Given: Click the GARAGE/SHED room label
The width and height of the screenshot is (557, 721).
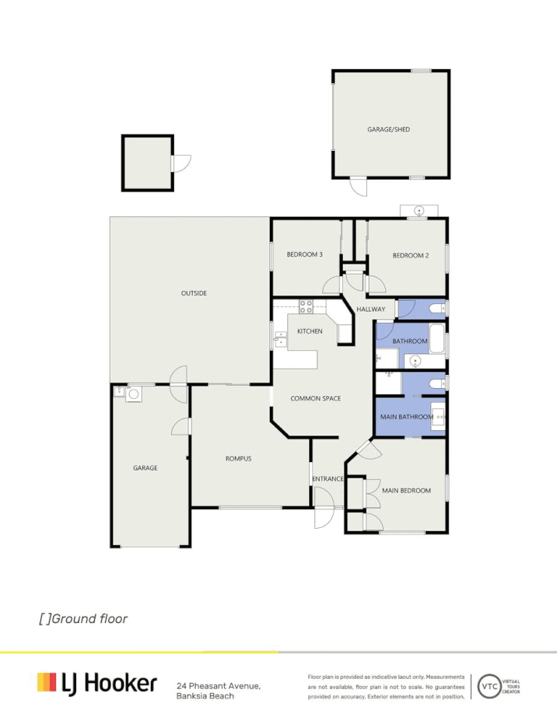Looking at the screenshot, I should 388,129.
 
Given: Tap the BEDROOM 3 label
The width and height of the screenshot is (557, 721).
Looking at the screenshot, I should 304,254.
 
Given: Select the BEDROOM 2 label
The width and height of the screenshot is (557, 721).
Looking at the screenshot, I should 410,255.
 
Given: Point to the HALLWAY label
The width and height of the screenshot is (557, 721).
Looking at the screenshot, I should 370,310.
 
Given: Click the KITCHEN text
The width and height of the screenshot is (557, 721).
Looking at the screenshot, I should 310,331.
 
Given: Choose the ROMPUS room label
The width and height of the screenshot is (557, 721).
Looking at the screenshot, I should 238,458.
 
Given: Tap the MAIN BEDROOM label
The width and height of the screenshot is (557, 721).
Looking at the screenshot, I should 406,490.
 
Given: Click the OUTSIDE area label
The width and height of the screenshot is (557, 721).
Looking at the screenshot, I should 194,293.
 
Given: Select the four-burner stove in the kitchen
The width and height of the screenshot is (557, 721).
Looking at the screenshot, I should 306,306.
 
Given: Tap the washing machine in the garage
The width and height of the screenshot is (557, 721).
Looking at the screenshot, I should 133,394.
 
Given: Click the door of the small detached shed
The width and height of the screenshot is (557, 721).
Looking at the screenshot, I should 181,163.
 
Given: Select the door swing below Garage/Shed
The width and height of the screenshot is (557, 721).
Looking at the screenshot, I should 358,187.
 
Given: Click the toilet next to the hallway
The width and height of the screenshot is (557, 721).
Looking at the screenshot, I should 436,310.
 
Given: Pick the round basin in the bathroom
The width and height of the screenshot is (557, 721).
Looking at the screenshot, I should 415,361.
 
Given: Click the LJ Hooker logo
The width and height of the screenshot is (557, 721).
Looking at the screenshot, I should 97,683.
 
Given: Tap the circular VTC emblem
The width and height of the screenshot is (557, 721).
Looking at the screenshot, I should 489,686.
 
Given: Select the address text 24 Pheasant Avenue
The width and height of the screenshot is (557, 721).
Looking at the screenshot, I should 219,685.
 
